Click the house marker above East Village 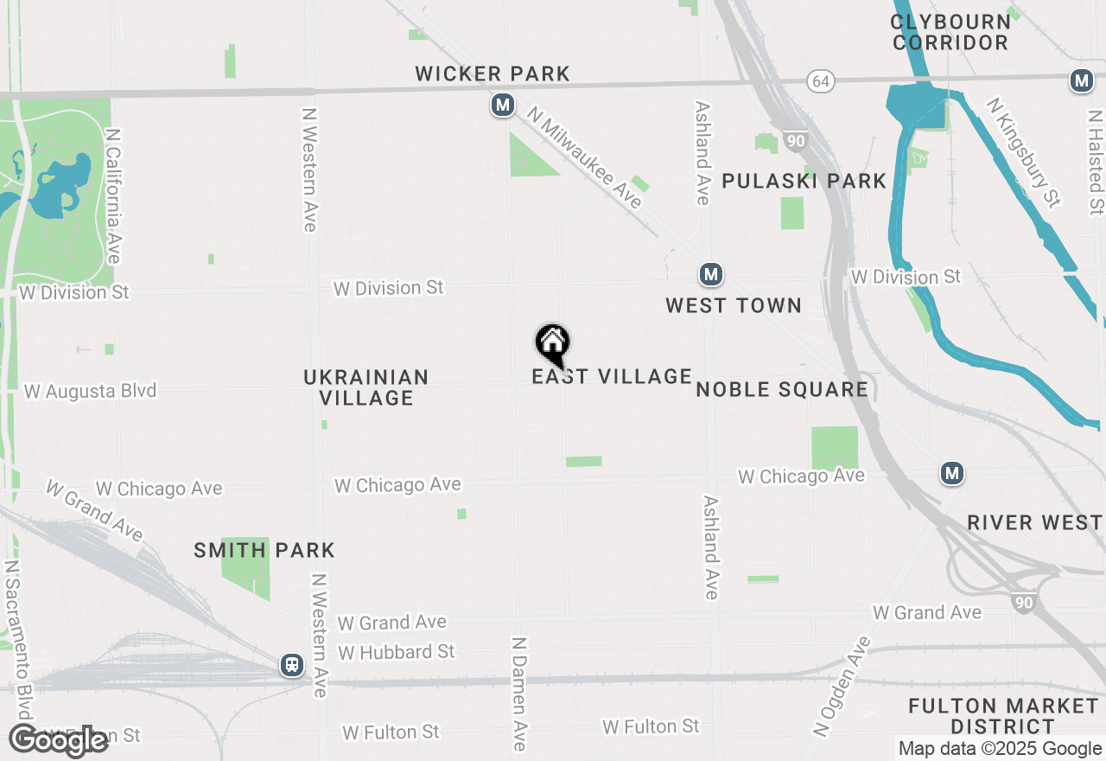coord(552,343)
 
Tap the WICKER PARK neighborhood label coord(493,74)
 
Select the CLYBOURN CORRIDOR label coord(950,32)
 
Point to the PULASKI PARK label coord(804,181)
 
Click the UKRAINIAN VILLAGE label coord(366,387)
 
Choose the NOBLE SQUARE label coord(782,389)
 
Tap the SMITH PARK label coord(264,550)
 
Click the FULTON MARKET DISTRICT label coord(1003,716)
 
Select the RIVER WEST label coord(1034,522)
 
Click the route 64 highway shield coord(821,81)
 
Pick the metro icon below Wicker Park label coord(502,106)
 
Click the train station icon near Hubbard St coord(292,665)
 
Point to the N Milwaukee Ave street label coord(586,157)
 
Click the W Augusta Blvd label coord(91,391)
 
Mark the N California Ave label coord(113,196)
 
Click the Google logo coord(58,741)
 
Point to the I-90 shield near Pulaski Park coord(796,141)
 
